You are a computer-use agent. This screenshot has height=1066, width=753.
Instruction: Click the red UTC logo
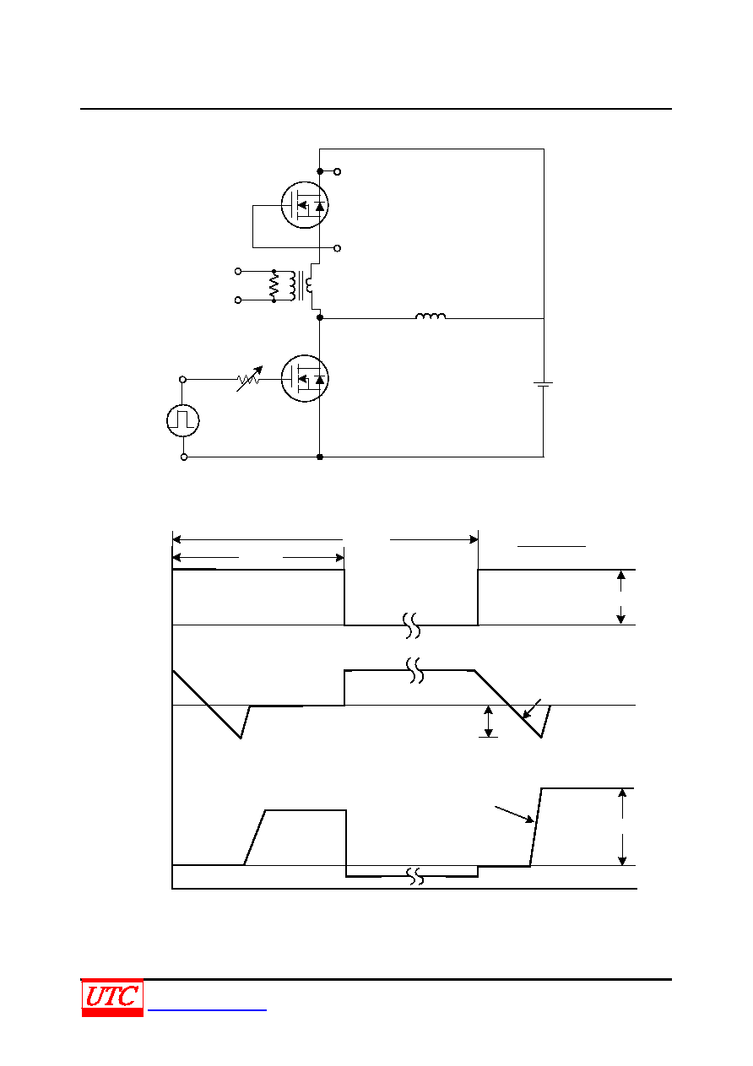[x=112, y=998]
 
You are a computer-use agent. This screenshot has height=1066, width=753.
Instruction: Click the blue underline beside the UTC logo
[x=207, y=1009]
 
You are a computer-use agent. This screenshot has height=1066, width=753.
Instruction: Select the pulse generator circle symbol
[x=183, y=420]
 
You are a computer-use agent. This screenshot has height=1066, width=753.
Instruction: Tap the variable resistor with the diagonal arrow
[x=249, y=379]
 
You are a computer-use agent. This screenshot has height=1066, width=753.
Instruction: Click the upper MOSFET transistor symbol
[x=305, y=205]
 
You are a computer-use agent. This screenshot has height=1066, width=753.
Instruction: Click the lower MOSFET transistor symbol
[x=305, y=378]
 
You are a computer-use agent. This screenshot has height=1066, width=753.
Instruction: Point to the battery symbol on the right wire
[x=543, y=384]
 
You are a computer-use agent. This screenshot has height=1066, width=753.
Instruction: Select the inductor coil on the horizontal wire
[x=431, y=316]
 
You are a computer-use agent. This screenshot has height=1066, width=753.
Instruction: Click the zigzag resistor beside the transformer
[x=274, y=286]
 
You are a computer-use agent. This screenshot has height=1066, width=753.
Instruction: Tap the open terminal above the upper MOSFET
[x=337, y=171]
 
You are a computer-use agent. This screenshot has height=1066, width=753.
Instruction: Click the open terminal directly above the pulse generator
[x=182, y=379]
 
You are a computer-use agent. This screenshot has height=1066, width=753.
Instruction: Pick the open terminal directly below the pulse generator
[x=184, y=457]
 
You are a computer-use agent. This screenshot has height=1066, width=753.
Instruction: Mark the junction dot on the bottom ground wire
[x=320, y=457]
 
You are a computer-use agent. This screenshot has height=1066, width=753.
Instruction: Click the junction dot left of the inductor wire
[x=320, y=317]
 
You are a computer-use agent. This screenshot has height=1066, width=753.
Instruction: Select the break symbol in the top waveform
[x=412, y=625]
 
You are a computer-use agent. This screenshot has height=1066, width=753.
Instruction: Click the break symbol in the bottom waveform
[x=416, y=876]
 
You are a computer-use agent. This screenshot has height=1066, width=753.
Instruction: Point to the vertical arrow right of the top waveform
[x=620, y=598]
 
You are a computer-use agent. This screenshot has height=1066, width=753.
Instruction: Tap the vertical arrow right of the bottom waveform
[x=622, y=826]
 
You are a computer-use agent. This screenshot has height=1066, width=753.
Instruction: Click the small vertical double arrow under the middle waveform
[x=488, y=722]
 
